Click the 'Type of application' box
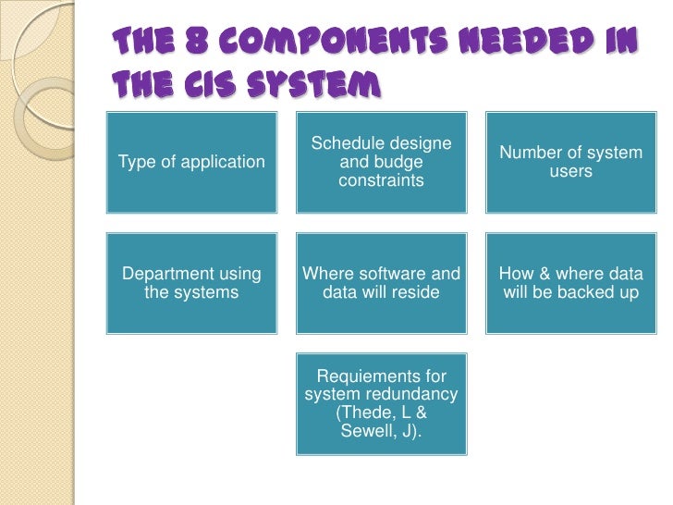pos(191,162)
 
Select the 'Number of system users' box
pos(570,162)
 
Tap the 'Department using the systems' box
pos(191,283)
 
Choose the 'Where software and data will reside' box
pos(381,283)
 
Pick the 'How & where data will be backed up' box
pos(570,283)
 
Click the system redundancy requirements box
pos(381,403)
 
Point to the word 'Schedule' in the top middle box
pos(343,143)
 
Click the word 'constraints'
pos(381,180)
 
